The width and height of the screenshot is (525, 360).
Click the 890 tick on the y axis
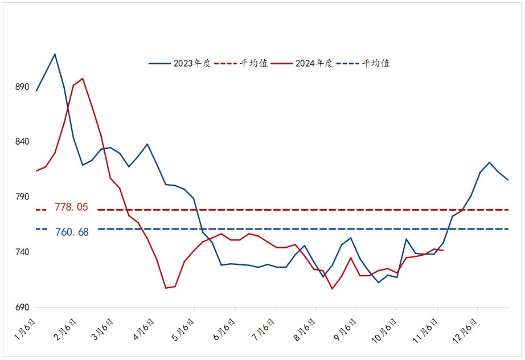[x=21, y=87]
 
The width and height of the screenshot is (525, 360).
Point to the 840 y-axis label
[x=21, y=142]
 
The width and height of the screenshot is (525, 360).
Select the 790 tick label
[x=21, y=197]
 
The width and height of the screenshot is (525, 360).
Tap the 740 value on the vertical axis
[x=21, y=252]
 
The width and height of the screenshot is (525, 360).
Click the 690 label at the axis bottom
[x=21, y=308]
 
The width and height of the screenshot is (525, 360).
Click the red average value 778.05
[x=71, y=207]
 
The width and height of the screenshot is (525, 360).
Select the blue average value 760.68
[x=71, y=232]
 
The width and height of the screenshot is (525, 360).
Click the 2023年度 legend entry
[x=192, y=63]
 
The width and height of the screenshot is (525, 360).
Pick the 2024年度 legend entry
[x=314, y=63]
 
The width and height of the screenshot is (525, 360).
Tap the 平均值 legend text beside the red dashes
[x=254, y=63]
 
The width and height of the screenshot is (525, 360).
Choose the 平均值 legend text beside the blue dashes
[x=376, y=63]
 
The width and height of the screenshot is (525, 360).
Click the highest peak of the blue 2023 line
[x=55, y=54]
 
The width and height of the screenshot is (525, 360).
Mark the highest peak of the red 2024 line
[x=83, y=79]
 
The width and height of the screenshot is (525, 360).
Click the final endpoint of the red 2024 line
[x=444, y=251]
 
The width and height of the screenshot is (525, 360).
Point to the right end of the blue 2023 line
[x=508, y=180]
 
